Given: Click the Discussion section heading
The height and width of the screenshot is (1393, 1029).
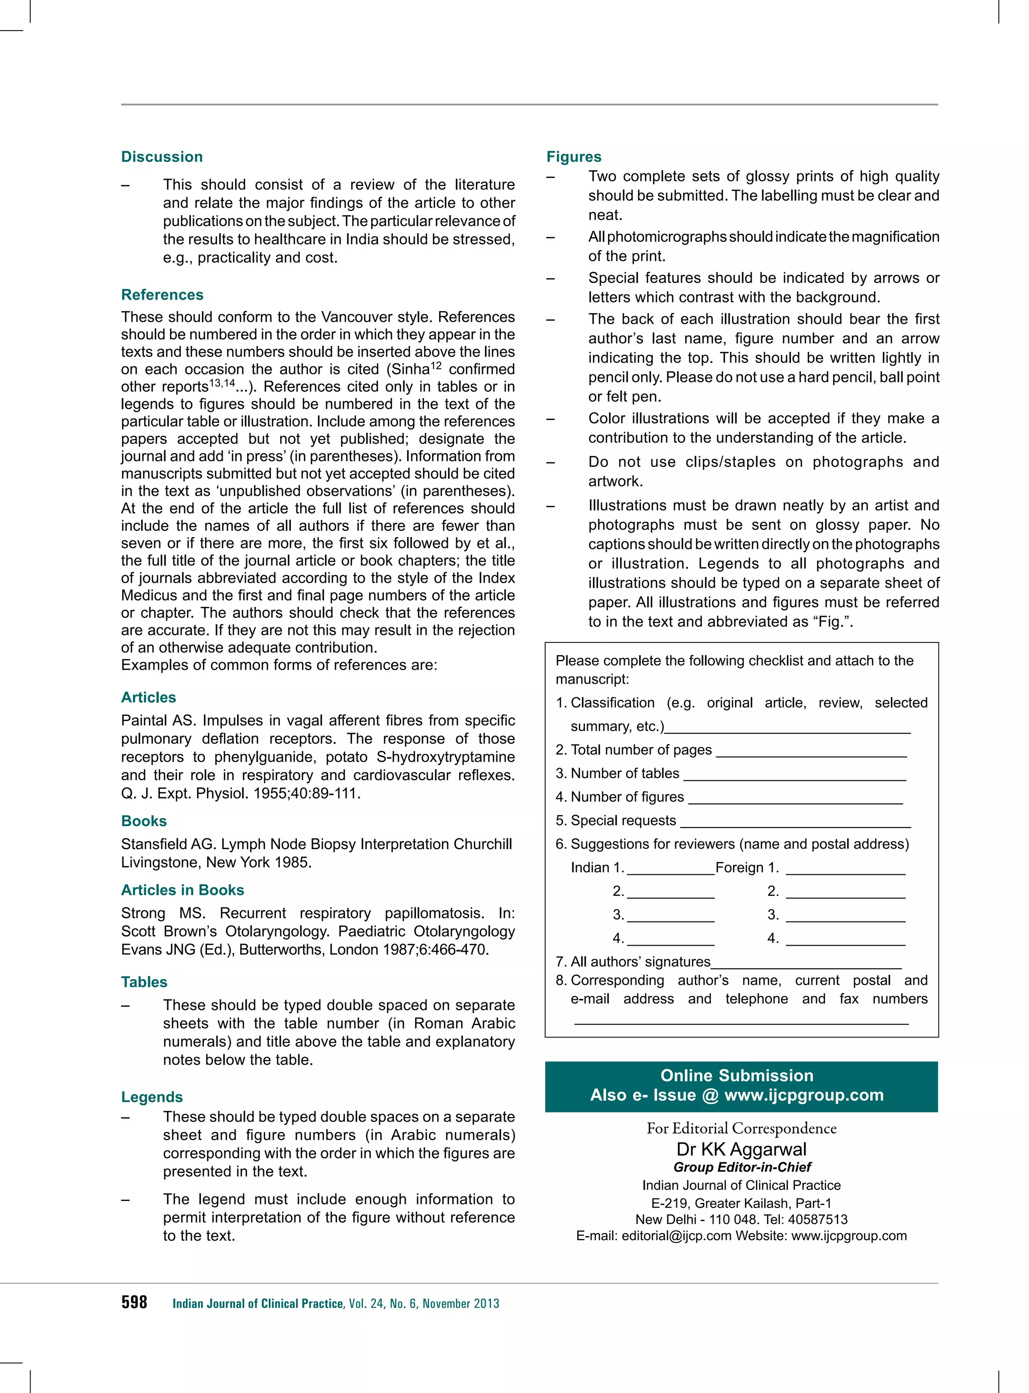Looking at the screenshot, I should click(x=162, y=156).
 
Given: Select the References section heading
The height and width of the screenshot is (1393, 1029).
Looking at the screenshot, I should click(x=162, y=295).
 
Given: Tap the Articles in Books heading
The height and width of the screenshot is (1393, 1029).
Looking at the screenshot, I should click(x=182, y=890).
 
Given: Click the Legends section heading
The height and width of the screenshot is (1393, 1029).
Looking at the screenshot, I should click(x=152, y=1097).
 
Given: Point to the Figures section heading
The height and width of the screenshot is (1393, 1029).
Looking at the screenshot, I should click(x=574, y=156).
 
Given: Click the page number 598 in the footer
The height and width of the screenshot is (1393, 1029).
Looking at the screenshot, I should click(x=134, y=1303).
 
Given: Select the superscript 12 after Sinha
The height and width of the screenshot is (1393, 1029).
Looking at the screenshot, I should click(x=436, y=365).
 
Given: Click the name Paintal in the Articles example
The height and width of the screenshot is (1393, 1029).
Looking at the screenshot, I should click(x=145, y=720).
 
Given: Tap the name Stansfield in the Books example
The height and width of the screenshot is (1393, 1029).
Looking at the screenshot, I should click(x=153, y=845).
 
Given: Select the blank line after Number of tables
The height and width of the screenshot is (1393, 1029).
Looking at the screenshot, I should click(x=794, y=779).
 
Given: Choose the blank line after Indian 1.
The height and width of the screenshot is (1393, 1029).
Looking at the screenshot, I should click(x=671, y=873).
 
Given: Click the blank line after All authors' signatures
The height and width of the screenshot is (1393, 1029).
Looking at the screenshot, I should click(x=806, y=967).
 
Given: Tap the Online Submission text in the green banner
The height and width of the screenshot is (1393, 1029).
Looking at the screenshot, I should click(x=737, y=1076).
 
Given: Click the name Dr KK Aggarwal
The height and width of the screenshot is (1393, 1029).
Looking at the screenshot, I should click(x=741, y=1149).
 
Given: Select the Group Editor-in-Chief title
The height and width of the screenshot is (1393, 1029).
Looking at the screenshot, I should click(x=742, y=1167).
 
